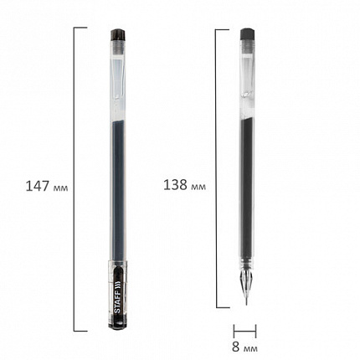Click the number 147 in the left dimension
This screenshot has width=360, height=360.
(38, 186)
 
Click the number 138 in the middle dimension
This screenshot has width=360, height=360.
(175, 185)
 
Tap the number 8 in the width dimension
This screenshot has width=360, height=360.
(235, 347)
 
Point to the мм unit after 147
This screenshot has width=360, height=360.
(60, 188)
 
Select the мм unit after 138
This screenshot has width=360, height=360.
(198, 187)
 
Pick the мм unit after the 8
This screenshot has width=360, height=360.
(250, 348)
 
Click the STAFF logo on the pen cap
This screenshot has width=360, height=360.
(118, 297)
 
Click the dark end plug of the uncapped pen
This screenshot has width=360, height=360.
(247, 33)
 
